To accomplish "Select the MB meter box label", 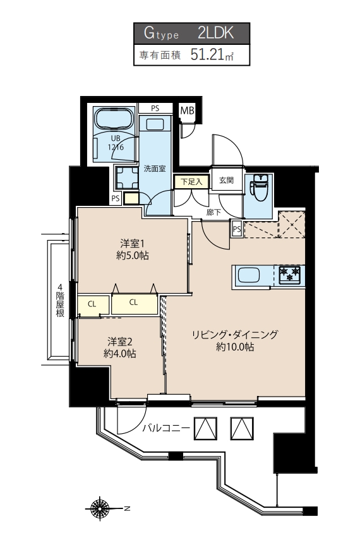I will [x=187, y=111].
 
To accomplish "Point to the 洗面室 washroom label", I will [x=154, y=169].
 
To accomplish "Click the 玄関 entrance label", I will [x=226, y=181].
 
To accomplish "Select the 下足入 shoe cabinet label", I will [x=190, y=181].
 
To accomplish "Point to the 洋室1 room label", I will [x=133, y=243].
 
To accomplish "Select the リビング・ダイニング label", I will [x=235, y=335].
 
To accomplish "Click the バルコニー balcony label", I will [x=165, y=429].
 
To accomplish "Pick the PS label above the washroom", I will [x=154, y=109].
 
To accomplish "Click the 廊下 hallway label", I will [x=213, y=213].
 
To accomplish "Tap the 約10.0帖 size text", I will [x=235, y=347].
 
